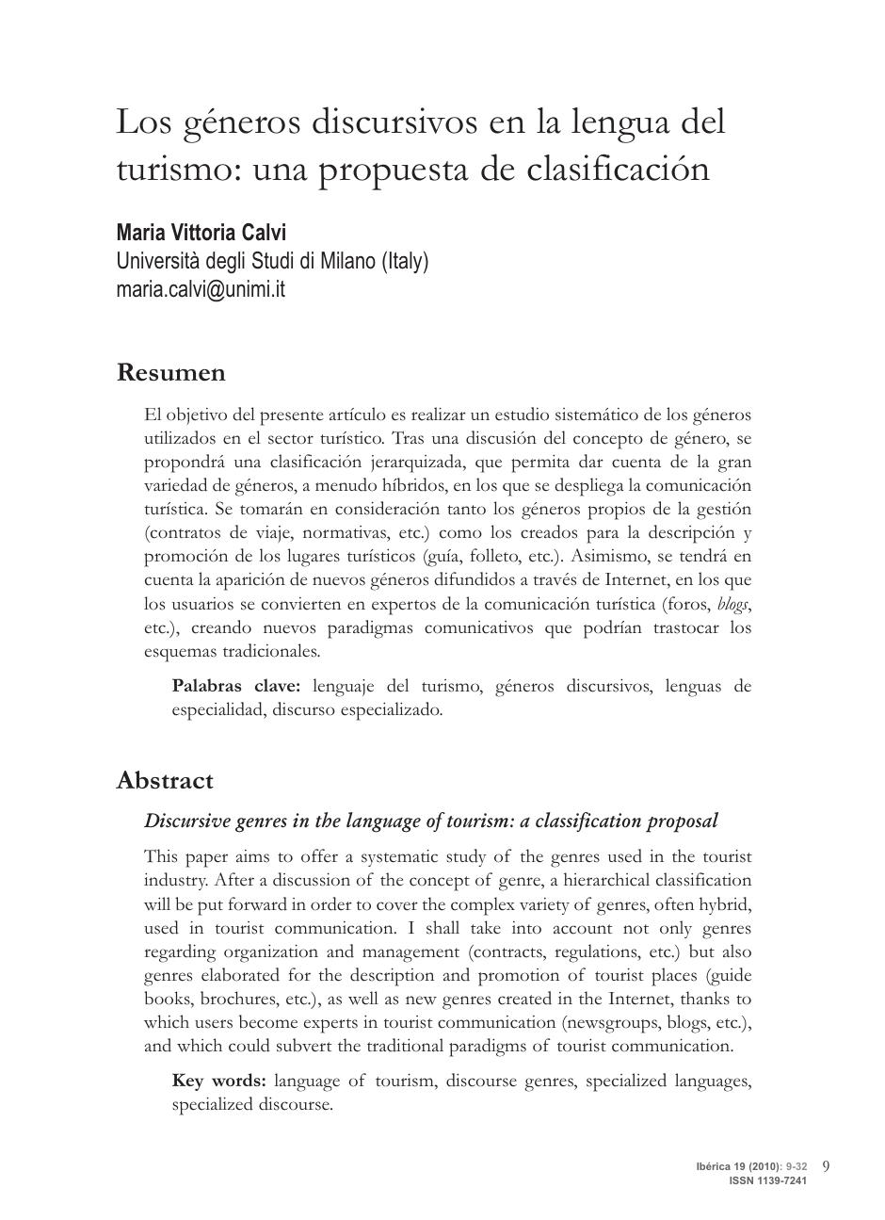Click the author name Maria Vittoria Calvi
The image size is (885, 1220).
[x=201, y=233]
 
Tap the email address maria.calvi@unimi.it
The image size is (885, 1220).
[x=200, y=289]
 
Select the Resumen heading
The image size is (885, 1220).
[x=170, y=373]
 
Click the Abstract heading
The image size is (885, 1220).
[x=165, y=781]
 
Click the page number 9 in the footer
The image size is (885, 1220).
[x=826, y=1165]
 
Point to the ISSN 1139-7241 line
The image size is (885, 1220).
[x=767, y=1180]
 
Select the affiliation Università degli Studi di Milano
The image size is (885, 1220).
[x=245, y=261]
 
